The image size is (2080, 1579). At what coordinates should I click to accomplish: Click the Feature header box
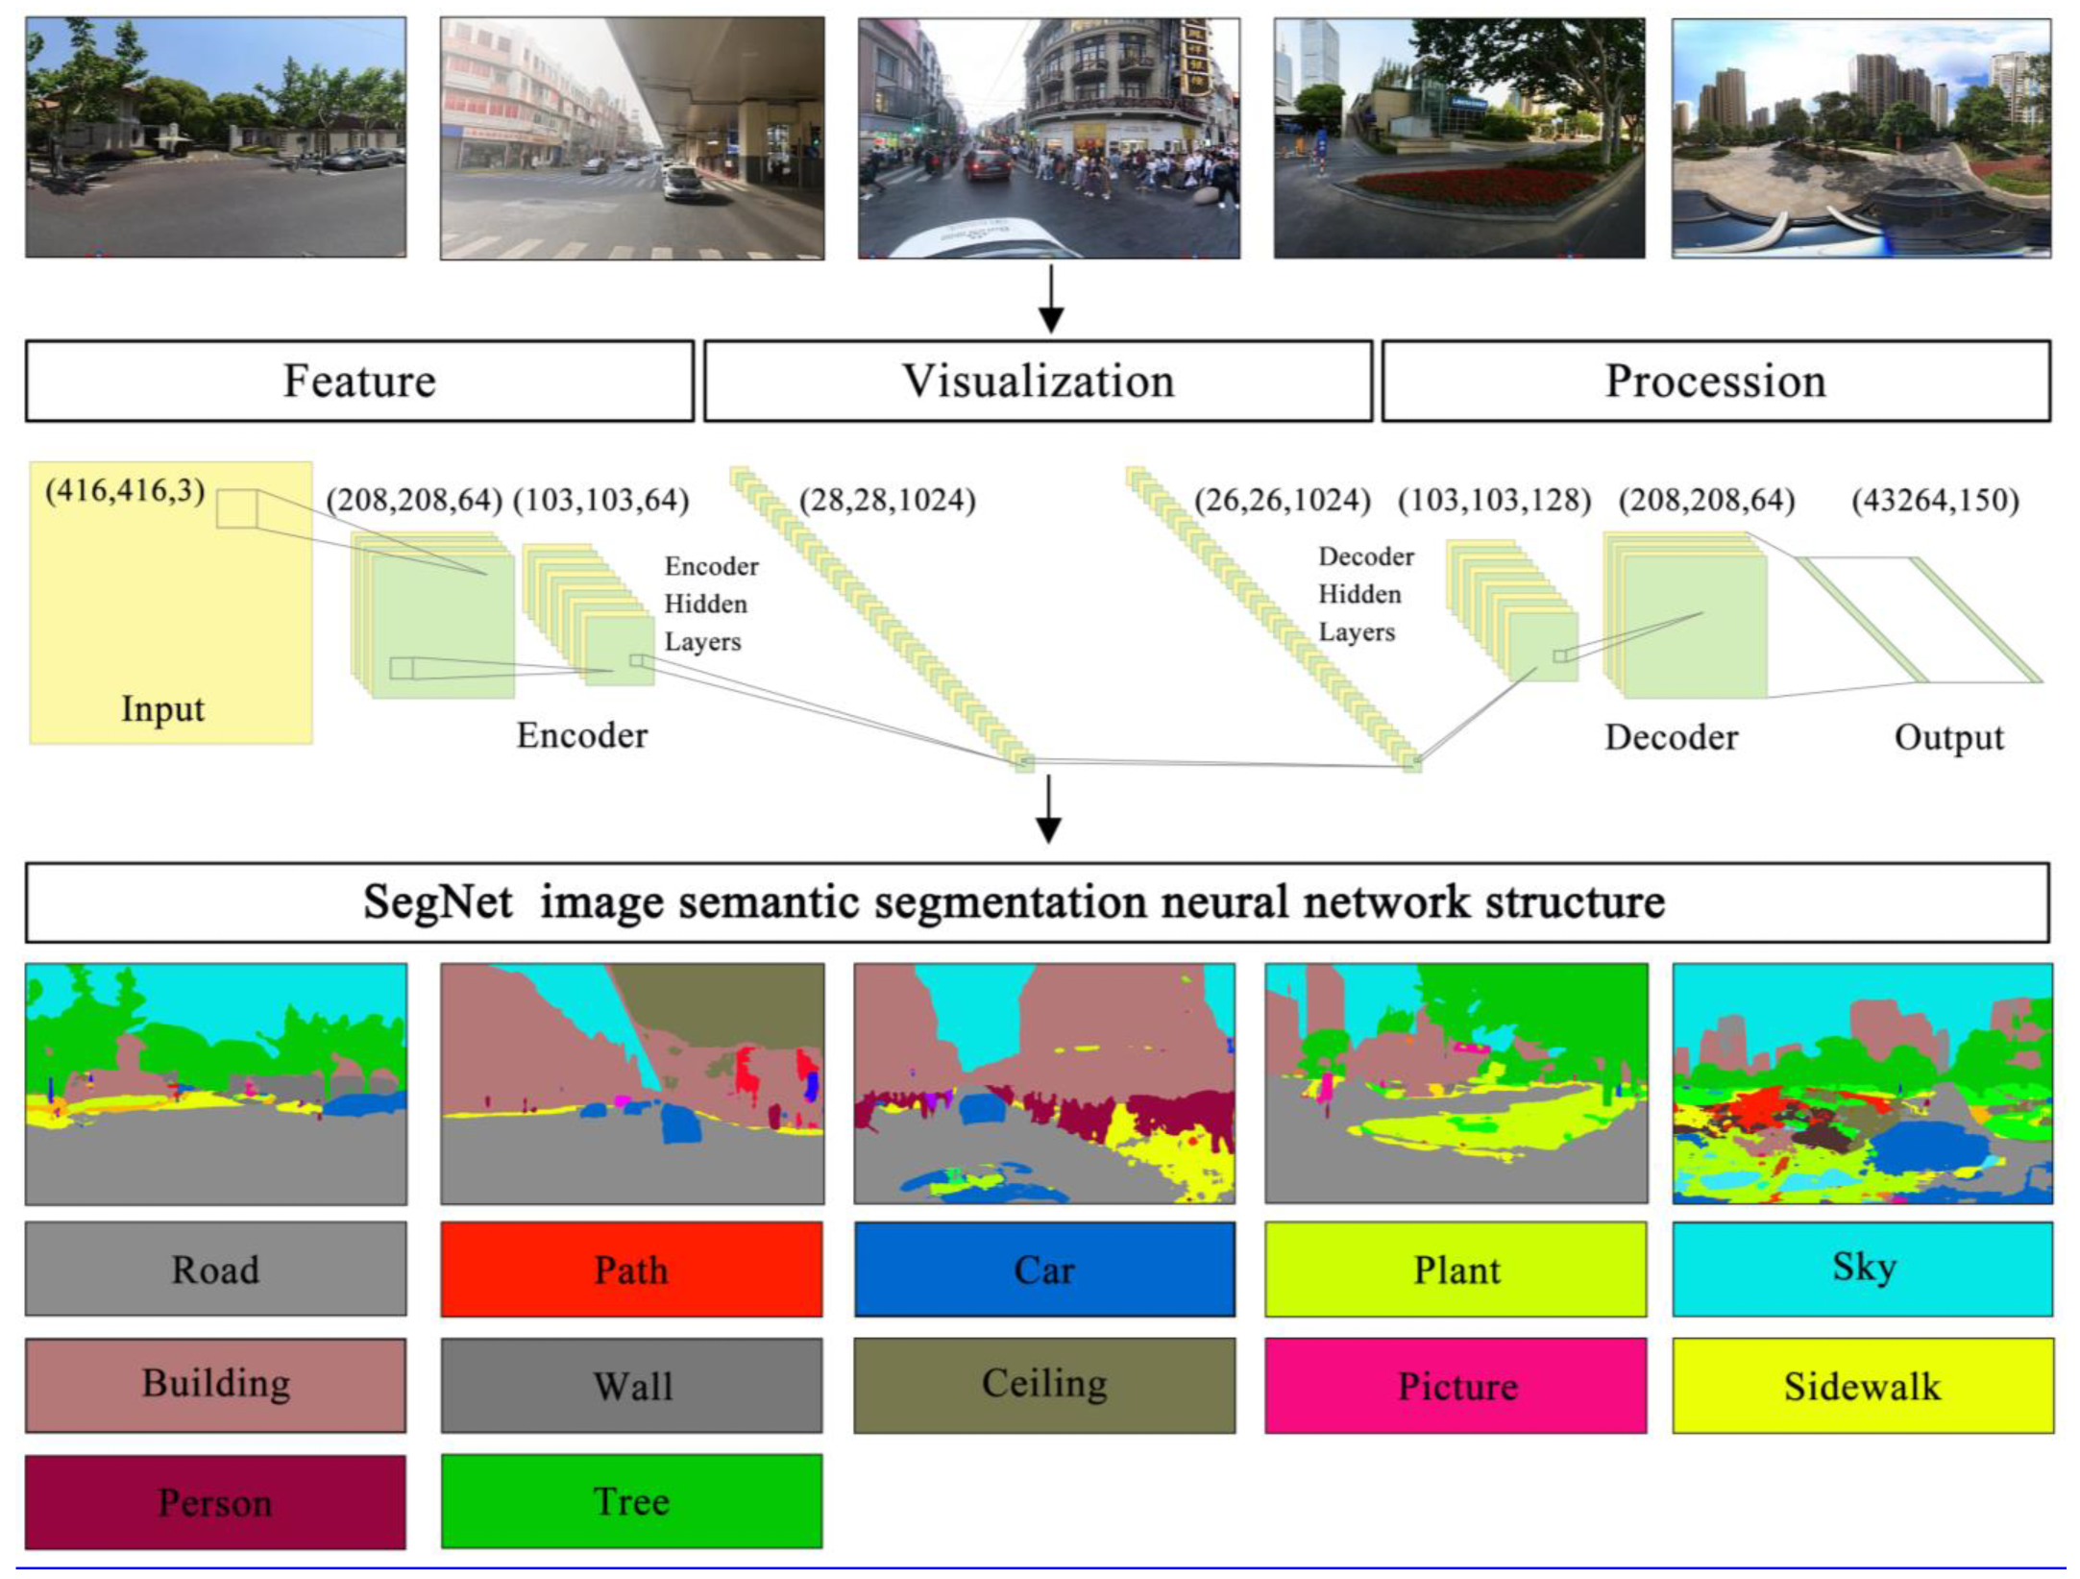coord(359,381)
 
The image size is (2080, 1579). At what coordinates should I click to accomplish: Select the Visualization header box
coord(1038,381)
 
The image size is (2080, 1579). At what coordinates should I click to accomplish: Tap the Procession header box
coord(1716,381)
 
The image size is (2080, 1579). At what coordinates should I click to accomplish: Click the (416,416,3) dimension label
coord(125,491)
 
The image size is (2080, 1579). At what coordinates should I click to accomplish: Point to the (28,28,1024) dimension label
coord(887,500)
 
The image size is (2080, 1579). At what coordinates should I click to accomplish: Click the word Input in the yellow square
coord(162,709)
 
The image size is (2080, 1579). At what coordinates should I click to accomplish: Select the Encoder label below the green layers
coord(582,735)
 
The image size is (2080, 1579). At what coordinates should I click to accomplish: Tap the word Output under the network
coord(1948,737)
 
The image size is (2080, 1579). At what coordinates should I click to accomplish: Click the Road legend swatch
coord(215,1269)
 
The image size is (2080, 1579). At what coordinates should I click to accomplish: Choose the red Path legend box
coord(631,1269)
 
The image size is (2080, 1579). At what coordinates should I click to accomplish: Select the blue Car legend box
coord(1044,1269)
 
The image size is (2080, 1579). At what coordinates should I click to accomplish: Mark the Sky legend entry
coord(1862,1269)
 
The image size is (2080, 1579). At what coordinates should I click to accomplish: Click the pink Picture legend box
coord(1456,1385)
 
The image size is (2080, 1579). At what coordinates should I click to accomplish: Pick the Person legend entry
coord(215,1501)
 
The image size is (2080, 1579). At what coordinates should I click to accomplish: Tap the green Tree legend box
coord(631,1501)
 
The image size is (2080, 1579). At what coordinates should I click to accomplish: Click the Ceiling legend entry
coord(1044,1385)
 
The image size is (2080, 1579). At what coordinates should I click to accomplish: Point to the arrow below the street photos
coord(1051,299)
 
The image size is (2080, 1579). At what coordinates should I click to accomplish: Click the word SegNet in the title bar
coord(437,902)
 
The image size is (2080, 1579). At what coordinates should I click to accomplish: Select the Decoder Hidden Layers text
coord(1363,594)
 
